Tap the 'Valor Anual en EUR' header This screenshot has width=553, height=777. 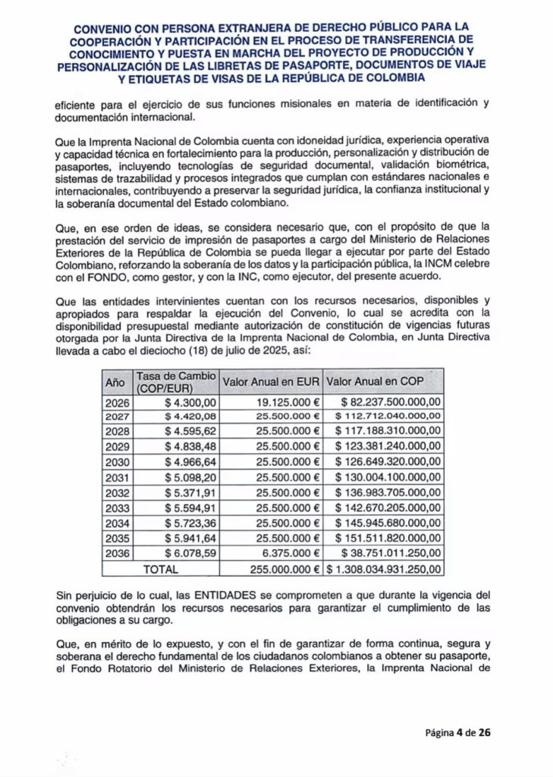pos(270,380)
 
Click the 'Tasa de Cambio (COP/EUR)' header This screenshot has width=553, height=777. pos(175,381)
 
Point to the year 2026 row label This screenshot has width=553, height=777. pos(118,402)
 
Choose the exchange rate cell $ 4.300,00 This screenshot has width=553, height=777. pos(190,402)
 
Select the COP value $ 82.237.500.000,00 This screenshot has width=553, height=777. pos(391,402)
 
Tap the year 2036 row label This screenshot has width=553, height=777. pos(118,553)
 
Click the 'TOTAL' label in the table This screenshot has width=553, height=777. pos(160,568)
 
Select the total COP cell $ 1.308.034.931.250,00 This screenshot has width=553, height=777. pos(385,568)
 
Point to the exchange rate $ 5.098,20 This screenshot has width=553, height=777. pos(190,477)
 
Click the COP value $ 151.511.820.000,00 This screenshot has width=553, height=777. pos(388,538)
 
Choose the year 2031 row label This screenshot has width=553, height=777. pos(118,477)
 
